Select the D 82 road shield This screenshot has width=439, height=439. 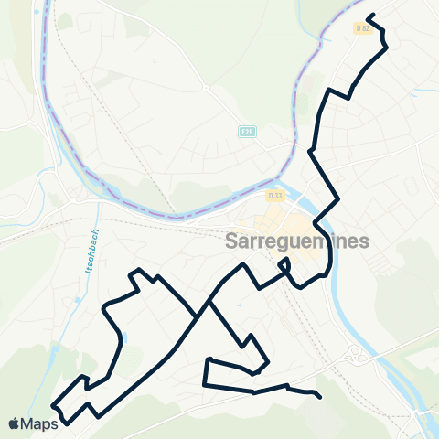tap(362, 28)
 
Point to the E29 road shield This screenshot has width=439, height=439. tap(246, 133)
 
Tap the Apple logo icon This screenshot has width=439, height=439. tap(15, 423)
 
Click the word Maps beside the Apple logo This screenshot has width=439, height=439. tap(40, 423)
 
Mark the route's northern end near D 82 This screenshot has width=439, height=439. tap(368, 16)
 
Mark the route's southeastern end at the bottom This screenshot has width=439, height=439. tap(318, 396)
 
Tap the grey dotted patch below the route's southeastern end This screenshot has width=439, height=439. tap(316, 416)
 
